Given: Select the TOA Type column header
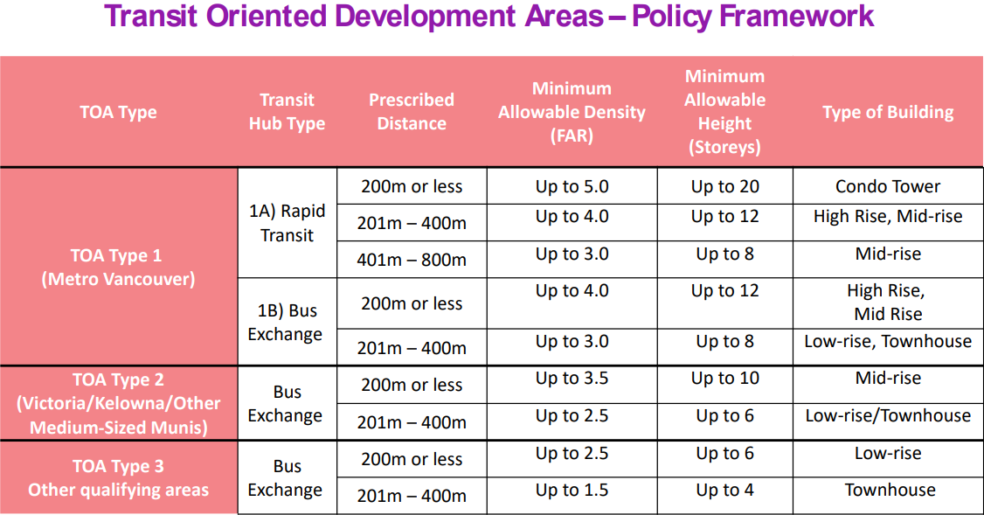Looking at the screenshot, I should (118, 112).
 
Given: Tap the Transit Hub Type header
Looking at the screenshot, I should (287, 112).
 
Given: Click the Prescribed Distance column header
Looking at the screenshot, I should (412, 112).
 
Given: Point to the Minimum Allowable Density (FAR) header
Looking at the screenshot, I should (572, 112).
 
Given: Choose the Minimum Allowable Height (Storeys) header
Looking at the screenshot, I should (724, 112).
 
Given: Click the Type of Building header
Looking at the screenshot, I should (888, 112).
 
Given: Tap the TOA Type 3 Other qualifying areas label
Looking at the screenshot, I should (118, 477).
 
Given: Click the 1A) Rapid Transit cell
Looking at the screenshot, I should (287, 223).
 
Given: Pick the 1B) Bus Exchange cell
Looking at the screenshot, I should (286, 322).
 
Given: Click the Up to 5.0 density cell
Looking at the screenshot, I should (572, 186).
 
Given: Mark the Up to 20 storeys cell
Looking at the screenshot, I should (724, 186).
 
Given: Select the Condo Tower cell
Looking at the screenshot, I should (888, 186).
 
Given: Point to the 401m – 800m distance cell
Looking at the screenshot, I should (412, 260).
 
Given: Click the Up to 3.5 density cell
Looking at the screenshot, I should (572, 379).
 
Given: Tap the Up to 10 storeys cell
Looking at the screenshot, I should (724, 379).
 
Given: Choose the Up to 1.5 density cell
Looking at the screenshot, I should (572, 491).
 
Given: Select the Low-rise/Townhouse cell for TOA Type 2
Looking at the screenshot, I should (888, 415).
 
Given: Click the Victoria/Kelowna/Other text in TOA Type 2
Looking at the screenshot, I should (118, 403).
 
